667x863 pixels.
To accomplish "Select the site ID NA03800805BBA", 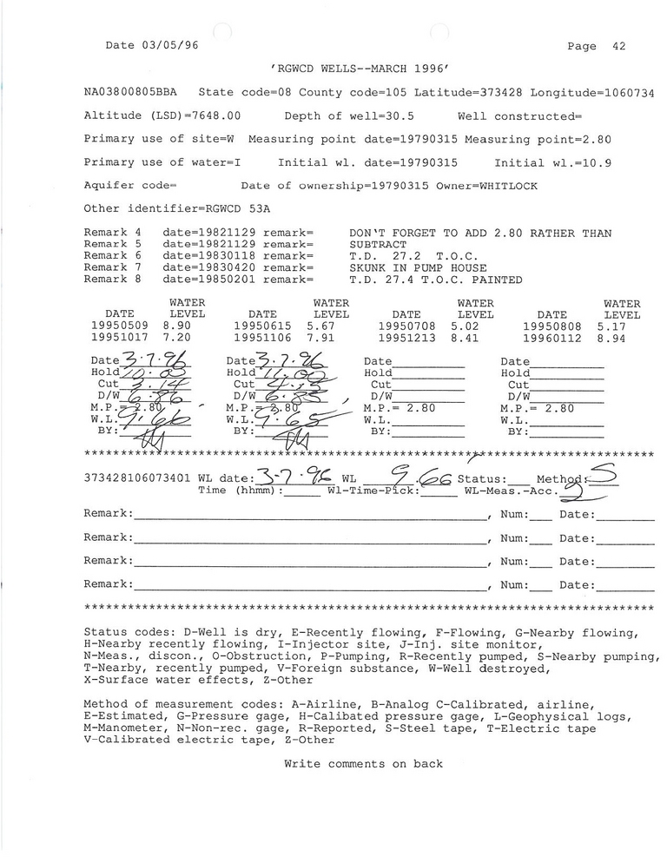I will pyautogui.click(x=129, y=92).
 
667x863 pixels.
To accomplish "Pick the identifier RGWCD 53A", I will pyautogui.click(x=235, y=209).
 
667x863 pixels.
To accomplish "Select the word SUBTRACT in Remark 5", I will pyautogui.click(x=378, y=245).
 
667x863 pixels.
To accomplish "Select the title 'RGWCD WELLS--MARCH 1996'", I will pyautogui.click(x=363, y=69).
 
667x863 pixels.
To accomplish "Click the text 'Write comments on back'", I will pyautogui.click(x=363, y=764).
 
